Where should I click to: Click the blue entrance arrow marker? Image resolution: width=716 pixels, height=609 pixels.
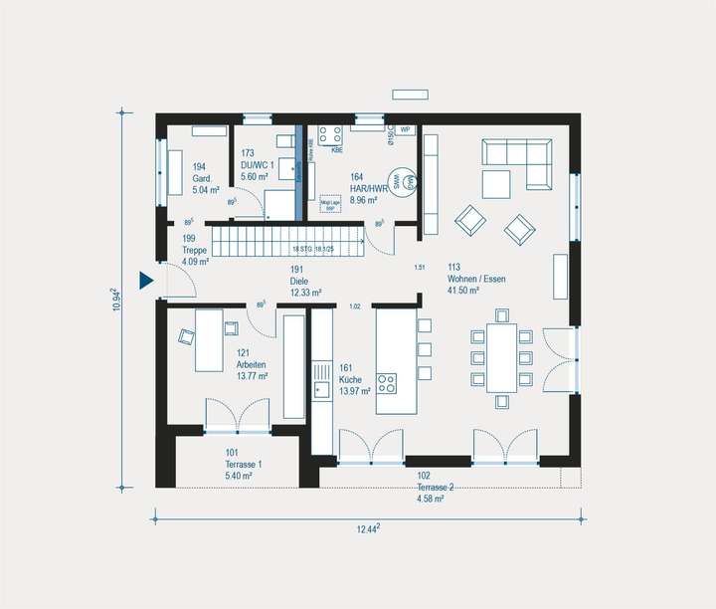pos(146,283)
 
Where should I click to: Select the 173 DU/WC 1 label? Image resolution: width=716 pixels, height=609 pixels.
pos(256,163)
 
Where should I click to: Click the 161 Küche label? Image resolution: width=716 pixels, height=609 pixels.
pos(353,380)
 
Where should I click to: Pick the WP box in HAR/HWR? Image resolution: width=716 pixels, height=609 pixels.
pos(406,130)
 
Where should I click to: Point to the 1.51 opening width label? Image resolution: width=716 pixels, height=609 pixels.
pos(420,268)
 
